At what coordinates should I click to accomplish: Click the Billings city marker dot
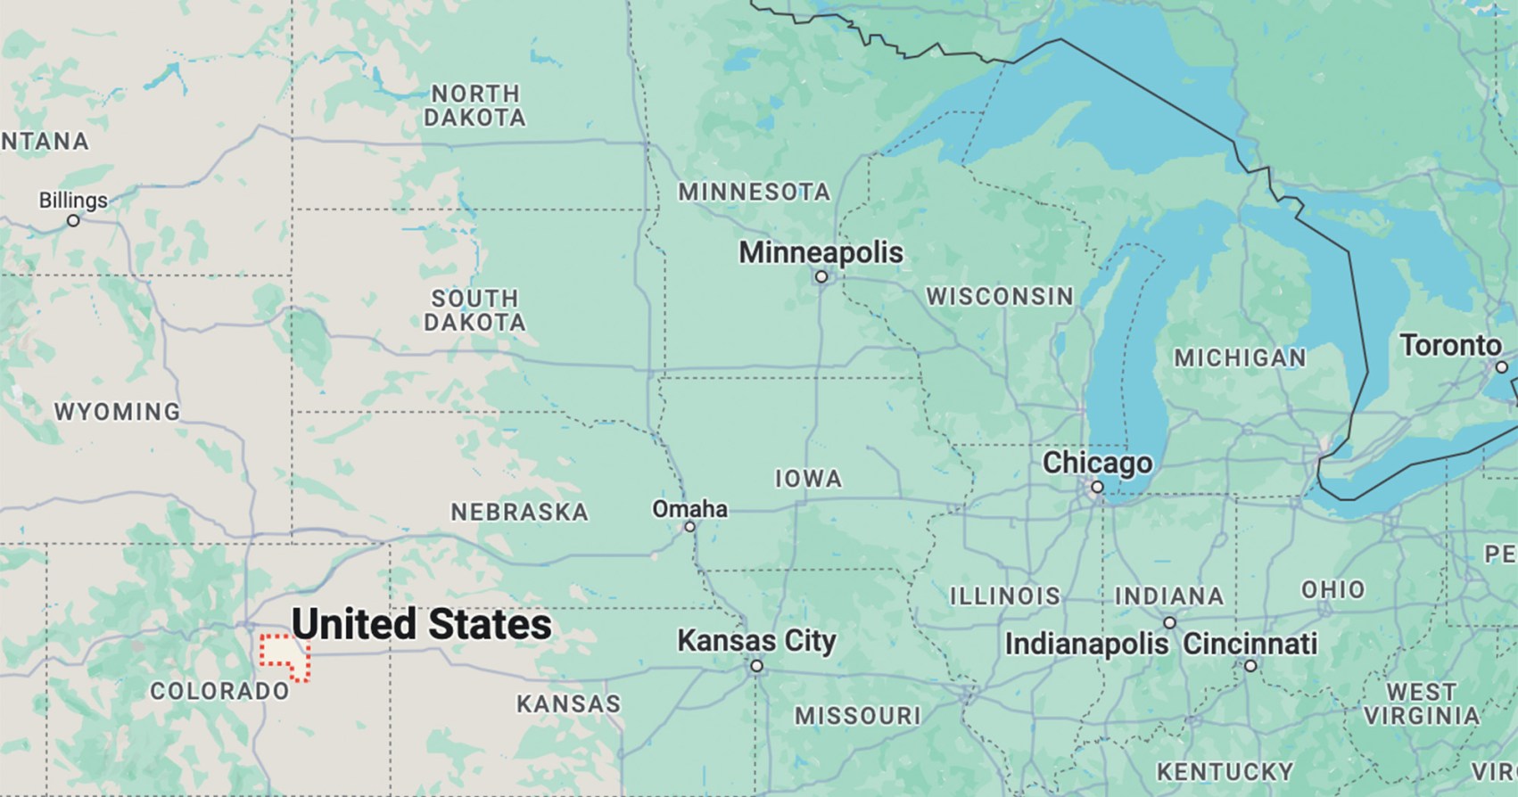(x=73, y=220)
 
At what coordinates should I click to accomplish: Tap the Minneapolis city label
(x=821, y=252)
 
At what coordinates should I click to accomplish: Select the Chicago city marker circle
(x=1097, y=487)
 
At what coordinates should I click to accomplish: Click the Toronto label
(x=1450, y=345)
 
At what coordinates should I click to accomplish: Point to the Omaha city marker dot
(x=689, y=527)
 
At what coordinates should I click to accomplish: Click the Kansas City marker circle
(x=756, y=666)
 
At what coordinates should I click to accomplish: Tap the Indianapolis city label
(x=1086, y=644)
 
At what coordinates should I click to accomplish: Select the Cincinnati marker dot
(x=1250, y=666)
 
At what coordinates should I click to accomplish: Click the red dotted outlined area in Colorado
(x=284, y=658)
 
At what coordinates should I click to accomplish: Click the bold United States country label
(x=422, y=624)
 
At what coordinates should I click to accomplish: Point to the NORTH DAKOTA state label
(x=474, y=105)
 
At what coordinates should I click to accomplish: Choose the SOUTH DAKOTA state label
(x=474, y=310)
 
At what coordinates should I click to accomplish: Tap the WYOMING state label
(x=118, y=412)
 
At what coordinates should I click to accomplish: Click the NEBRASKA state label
(x=519, y=513)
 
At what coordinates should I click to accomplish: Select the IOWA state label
(x=808, y=479)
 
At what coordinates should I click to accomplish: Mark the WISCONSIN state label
(x=1000, y=296)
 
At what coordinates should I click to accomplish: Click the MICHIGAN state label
(x=1240, y=357)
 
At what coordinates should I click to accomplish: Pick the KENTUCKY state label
(x=1225, y=771)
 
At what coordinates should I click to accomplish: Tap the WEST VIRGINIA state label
(x=1422, y=703)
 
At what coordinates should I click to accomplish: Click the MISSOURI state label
(x=858, y=715)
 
